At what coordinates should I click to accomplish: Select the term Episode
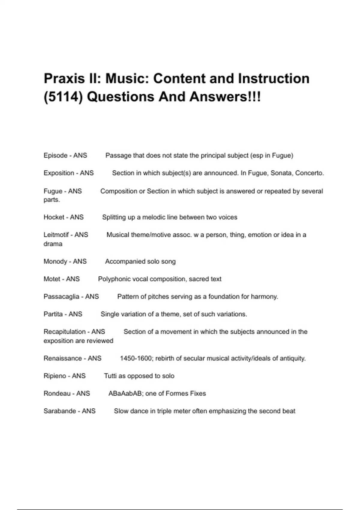55,155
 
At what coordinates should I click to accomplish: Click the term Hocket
54,217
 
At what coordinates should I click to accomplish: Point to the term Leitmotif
56,235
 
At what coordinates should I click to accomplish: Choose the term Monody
55,261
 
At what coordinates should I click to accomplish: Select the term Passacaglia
61,297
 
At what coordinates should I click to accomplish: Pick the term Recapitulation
64,332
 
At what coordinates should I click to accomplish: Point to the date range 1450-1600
136,358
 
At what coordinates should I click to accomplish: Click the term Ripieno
55,376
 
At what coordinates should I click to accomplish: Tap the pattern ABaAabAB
125,393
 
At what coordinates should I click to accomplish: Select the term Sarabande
60,411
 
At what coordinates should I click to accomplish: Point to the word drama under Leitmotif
53,244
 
